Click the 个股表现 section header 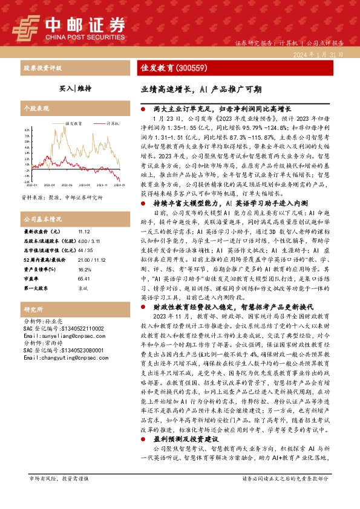point(36,108)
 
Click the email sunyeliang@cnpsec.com point(59,336)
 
